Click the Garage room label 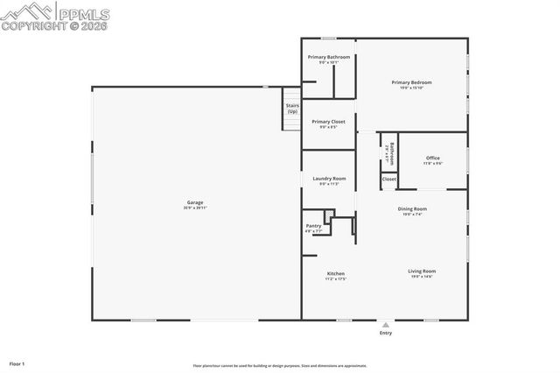tap(194, 202)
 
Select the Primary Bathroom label tap(328, 58)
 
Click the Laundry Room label tap(328, 179)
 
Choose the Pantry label tap(313, 226)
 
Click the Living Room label tap(421, 271)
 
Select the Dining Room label tap(412, 208)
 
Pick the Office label tap(433, 158)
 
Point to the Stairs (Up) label tap(292, 109)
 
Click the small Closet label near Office tap(388, 179)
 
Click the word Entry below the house tap(385, 334)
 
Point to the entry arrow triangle tap(385, 325)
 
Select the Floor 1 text tap(17, 362)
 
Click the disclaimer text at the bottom tap(279, 366)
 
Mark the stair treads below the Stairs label tap(291, 123)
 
